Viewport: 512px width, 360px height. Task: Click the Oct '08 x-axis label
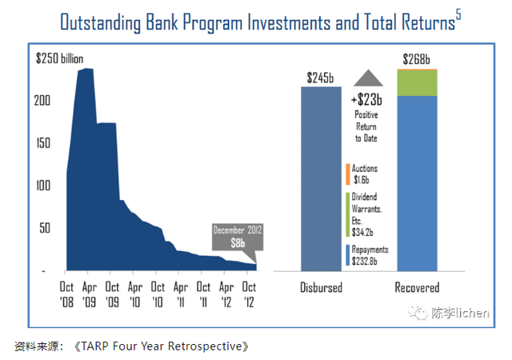click(67, 292)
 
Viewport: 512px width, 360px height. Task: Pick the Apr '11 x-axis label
click(181, 292)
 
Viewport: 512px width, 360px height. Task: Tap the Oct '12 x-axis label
click(250, 292)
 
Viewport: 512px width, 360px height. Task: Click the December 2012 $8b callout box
click(237, 238)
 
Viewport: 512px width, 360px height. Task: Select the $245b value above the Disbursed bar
click(321, 78)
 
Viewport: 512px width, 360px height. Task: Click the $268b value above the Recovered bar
click(416, 60)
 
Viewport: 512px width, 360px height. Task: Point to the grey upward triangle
click(369, 78)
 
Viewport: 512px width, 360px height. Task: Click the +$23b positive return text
click(366, 101)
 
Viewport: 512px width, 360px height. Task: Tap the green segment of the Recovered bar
click(417, 83)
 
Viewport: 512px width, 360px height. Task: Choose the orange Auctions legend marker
click(348, 174)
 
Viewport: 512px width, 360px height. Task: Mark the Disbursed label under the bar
click(322, 287)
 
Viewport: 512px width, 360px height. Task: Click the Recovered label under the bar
click(417, 287)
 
